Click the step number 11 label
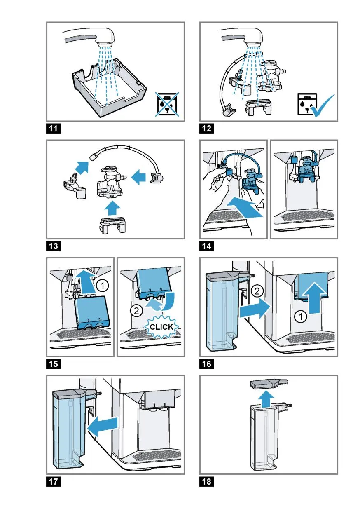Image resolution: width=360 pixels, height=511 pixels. [54, 129]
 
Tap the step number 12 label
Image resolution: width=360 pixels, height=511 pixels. [207, 129]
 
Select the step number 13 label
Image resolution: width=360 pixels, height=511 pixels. [54, 246]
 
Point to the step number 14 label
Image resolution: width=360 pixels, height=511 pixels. [207, 246]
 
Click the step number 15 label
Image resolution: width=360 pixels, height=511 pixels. [54, 364]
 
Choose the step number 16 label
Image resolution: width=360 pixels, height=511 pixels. [207, 364]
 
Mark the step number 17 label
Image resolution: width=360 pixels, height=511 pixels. [54, 481]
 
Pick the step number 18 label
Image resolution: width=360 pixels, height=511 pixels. [207, 481]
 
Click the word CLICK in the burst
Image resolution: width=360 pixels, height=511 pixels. [161, 328]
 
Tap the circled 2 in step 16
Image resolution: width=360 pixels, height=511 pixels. [256, 291]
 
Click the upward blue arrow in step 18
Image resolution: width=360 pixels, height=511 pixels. [267, 398]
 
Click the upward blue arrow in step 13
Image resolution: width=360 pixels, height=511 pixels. [110, 207]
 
